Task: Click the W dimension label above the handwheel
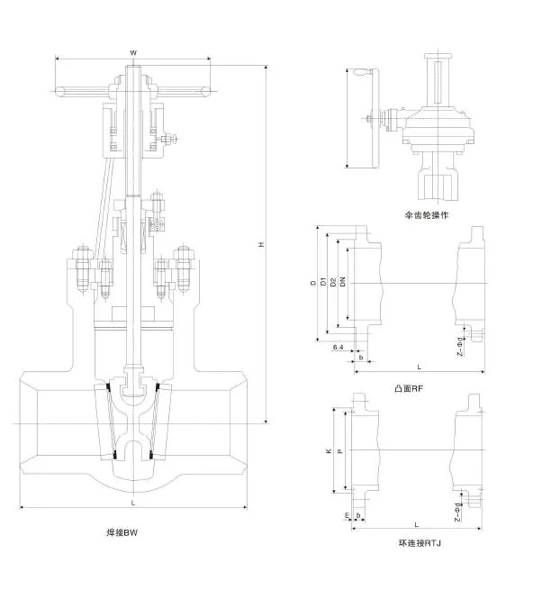click(133, 53)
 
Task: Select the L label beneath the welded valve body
click(132, 502)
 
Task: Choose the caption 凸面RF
click(410, 388)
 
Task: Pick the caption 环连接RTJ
click(419, 543)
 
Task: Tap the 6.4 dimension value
click(338, 347)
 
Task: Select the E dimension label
click(348, 515)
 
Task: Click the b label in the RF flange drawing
click(360, 358)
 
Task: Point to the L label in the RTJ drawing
click(416, 523)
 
